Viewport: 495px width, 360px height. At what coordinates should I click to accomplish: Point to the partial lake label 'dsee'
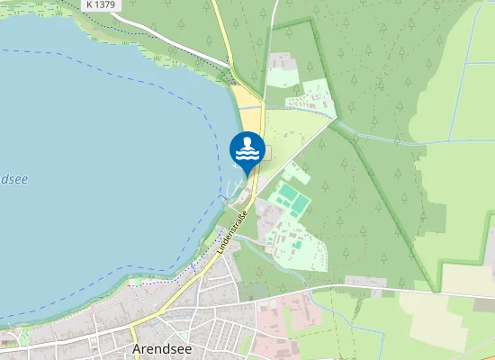(13, 179)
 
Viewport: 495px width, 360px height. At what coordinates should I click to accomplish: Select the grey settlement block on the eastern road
(364, 282)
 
